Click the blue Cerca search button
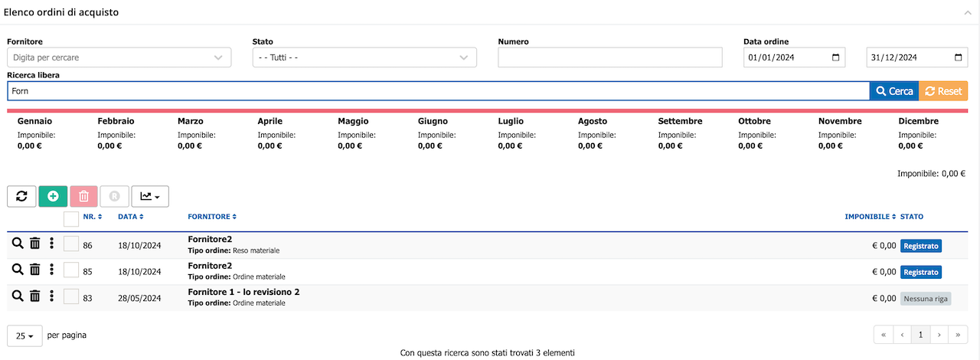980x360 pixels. click(x=894, y=91)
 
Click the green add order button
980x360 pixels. click(x=53, y=196)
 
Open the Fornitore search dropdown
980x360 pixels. click(x=119, y=57)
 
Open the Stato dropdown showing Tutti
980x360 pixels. click(x=364, y=57)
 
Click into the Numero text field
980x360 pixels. click(x=610, y=57)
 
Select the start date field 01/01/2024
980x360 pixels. click(x=794, y=57)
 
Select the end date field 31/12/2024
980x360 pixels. click(x=917, y=57)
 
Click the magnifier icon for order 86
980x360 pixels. click(x=18, y=244)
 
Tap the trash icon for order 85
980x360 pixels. click(x=35, y=270)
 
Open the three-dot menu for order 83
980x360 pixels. click(x=51, y=296)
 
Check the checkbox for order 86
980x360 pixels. click(x=71, y=244)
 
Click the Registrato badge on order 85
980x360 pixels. click(x=921, y=272)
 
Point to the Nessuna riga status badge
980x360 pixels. click(x=926, y=299)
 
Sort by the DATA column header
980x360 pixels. click(x=130, y=216)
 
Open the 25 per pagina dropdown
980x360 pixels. click(x=24, y=336)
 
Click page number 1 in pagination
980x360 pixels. click(x=920, y=335)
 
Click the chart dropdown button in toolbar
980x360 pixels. click(x=150, y=196)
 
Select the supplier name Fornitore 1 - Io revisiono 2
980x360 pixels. click(x=243, y=292)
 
